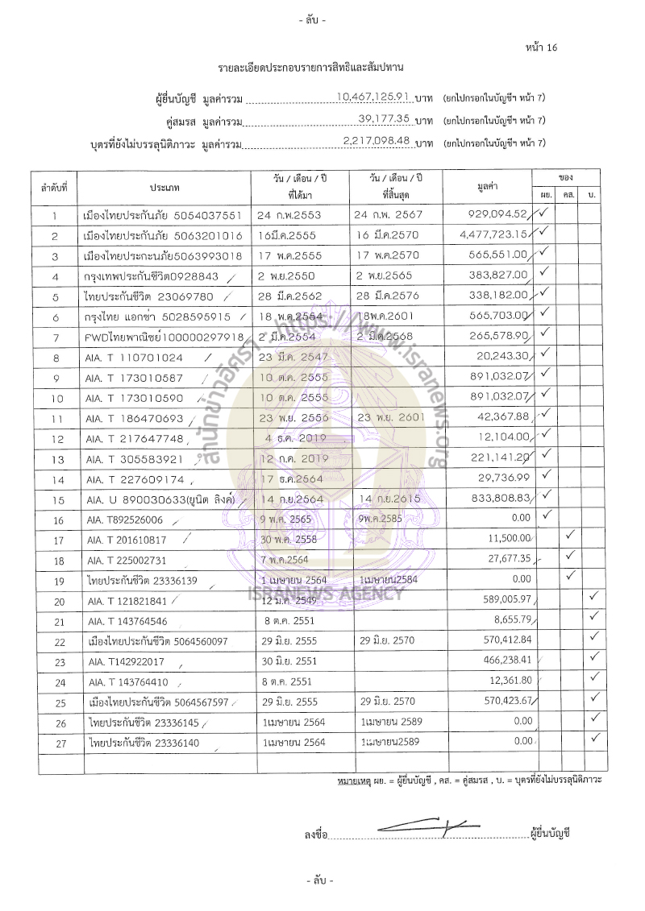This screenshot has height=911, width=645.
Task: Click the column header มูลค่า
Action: coord(486,187)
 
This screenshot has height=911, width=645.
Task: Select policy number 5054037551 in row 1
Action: coord(205,215)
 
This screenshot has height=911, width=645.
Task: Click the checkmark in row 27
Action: coord(593,738)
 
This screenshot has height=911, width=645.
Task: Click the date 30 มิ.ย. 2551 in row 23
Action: coord(292,661)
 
